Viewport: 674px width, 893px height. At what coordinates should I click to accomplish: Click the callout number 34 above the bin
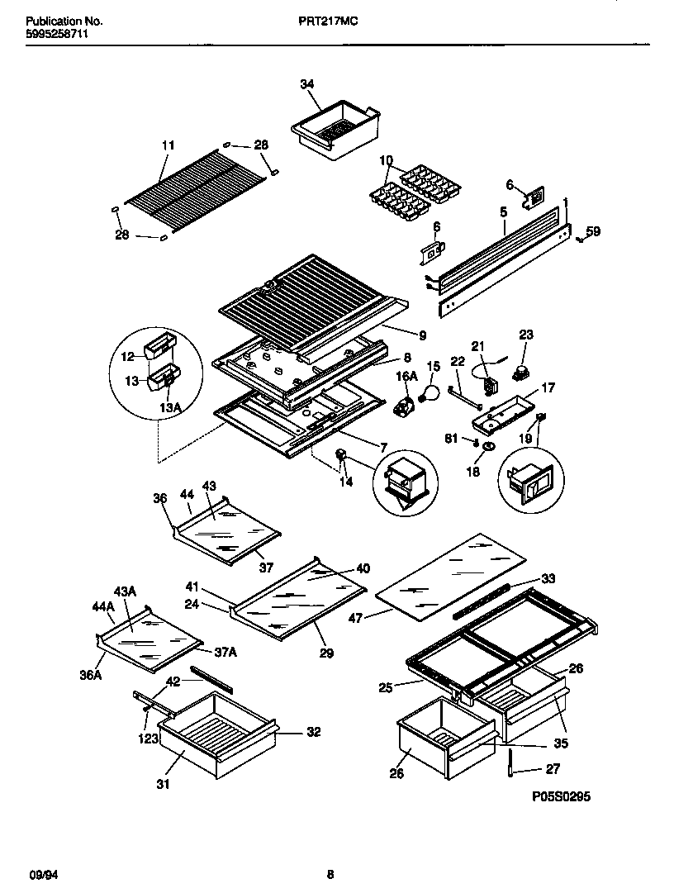pyautogui.click(x=307, y=84)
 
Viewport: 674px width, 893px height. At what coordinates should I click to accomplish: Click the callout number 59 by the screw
pyautogui.click(x=593, y=231)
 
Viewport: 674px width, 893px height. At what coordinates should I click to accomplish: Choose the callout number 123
pyautogui.click(x=148, y=740)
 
